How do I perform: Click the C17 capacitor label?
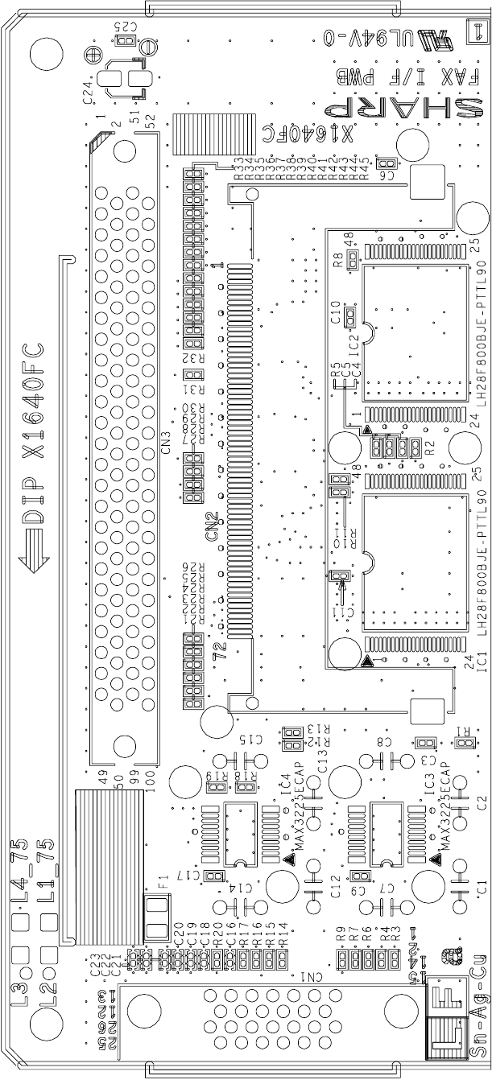(192, 876)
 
